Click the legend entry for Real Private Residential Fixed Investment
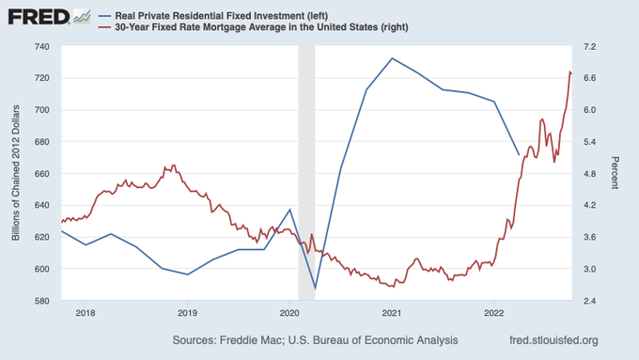click(x=213, y=16)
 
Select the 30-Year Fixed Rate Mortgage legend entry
click(x=254, y=27)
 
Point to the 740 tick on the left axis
click(x=41, y=47)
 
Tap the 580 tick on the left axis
click(x=41, y=302)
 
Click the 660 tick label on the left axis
click(x=41, y=174)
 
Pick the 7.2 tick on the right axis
click(x=590, y=47)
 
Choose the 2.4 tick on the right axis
click(x=590, y=302)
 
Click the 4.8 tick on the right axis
click(x=590, y=174)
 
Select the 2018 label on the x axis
click(x=86, y=313)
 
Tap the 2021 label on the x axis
click(x=392, y=313)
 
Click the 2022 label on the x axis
click(x=494, y=313)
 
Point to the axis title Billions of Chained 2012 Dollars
click(x=15, y=173)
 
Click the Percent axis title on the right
click(x=615, y=173)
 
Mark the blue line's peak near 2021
click(x=392, y=58)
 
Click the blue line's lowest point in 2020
click(x=315, y=289)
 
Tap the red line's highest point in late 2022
click(x=569, y=71)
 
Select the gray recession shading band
click(x=307, y=173)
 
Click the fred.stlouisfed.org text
click(x=553, y=340)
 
